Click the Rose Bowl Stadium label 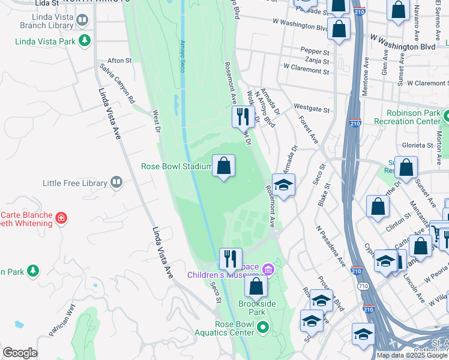(x=176, y=167)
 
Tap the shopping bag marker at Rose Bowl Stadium (x=223, y=166)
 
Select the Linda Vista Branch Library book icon (x=82, y=20)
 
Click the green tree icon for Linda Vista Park (x=85, y=41)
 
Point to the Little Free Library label (x=74, y=183)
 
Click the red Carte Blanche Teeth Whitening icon (x=61, y=217)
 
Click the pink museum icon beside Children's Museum (x=268, y=271)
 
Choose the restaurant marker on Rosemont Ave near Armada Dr (x=243, y=115)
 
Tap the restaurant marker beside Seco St (x=231, y=259)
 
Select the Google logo (x=20, y=353)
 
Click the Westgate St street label (x=312, y=108)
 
